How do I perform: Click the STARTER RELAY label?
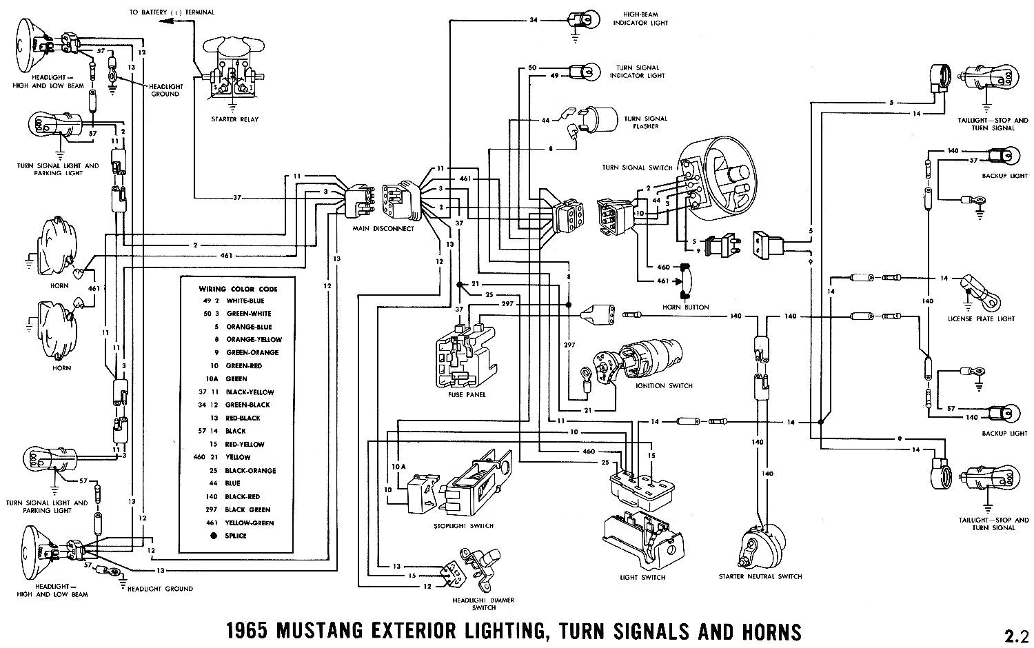(235, 120)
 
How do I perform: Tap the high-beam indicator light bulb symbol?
(577, 19)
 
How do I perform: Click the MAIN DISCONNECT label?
(374, 229)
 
